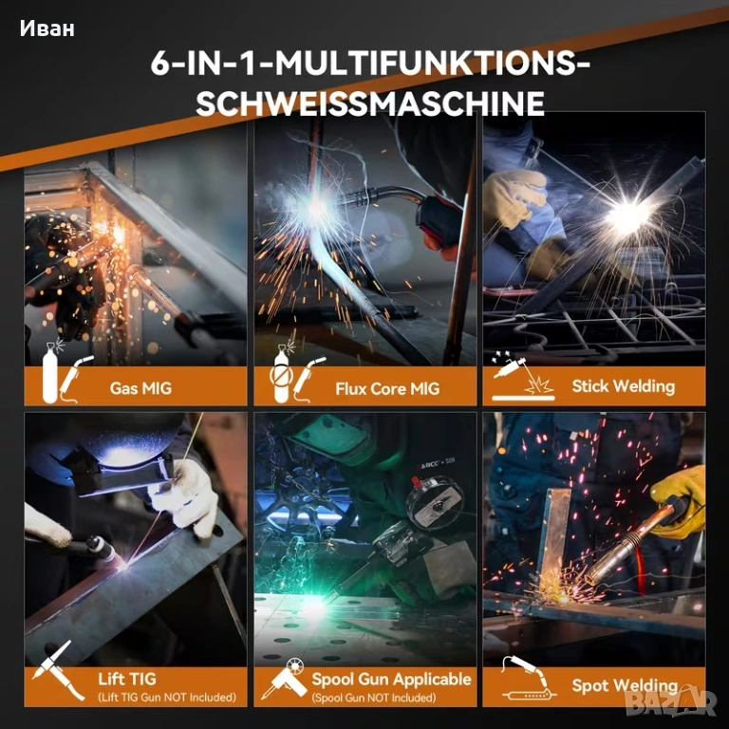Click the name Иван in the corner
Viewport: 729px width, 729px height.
[x=47, y=28]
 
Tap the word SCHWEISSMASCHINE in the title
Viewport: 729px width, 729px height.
[x=370, y=103]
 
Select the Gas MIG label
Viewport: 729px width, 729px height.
[x=140, y=387]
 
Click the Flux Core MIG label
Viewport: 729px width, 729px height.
[x=387, y=388]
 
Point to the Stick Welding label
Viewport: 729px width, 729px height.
[x=623, y=386]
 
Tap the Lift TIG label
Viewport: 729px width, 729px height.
[x=127, y=679]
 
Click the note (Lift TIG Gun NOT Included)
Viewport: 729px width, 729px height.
[x=167, y=698]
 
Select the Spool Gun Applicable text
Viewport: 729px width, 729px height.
[x=391, y=680]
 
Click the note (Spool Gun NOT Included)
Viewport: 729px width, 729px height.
[x=374, y=698]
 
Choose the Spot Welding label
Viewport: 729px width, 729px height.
[x=625, y=685]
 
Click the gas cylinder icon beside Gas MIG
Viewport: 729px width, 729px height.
[x=50, y=372]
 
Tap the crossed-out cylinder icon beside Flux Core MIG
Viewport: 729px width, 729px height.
[x=281, y=373]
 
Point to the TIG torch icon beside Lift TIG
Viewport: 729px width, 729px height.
[x=59, y=669]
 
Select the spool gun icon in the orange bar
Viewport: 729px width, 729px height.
[x=284, y=679]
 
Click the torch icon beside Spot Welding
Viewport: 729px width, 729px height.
[x=529, y=679]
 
